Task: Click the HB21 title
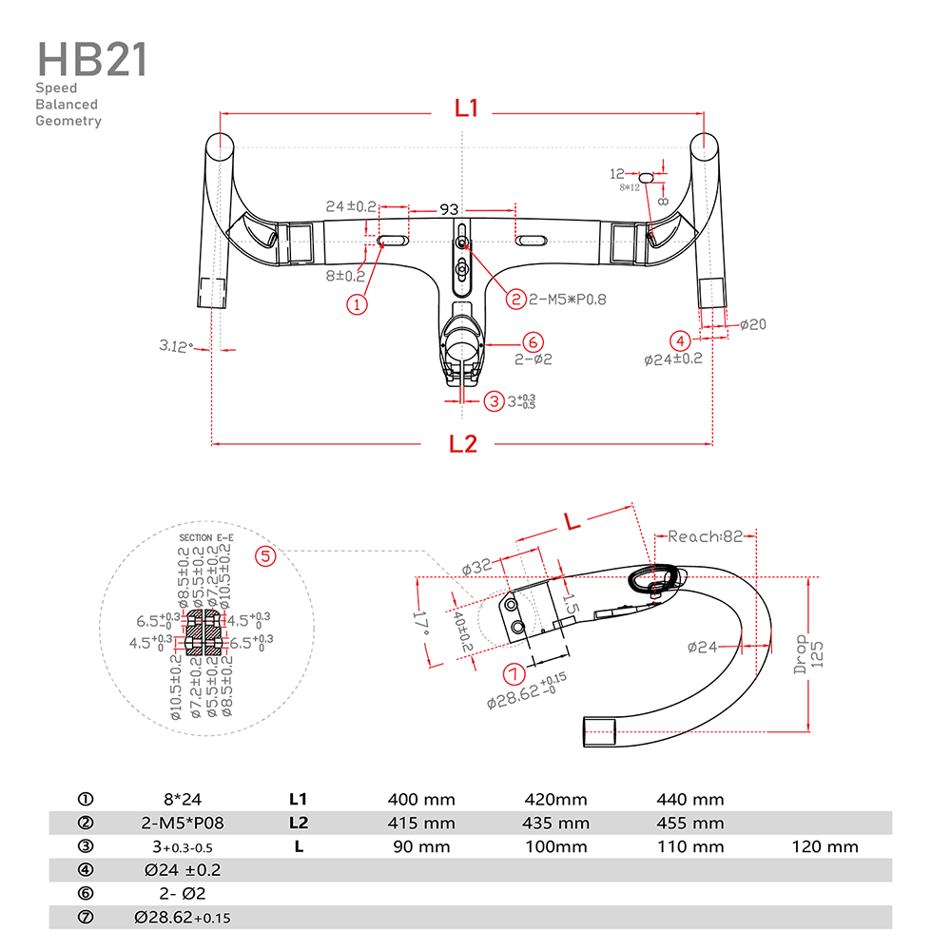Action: (91, 59)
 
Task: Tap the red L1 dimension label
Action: (466, 108)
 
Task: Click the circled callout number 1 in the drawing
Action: (358, 304)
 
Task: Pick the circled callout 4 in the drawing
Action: (679, 340)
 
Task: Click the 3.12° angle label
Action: (176, 346)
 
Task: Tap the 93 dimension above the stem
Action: (449, 208)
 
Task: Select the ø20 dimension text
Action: (752, 324)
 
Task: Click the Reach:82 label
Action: (705, 536)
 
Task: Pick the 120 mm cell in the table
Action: (825, 846)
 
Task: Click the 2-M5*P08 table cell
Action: (179, 824)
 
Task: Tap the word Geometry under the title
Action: (68, 121)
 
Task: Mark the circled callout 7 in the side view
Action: (514, 674)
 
